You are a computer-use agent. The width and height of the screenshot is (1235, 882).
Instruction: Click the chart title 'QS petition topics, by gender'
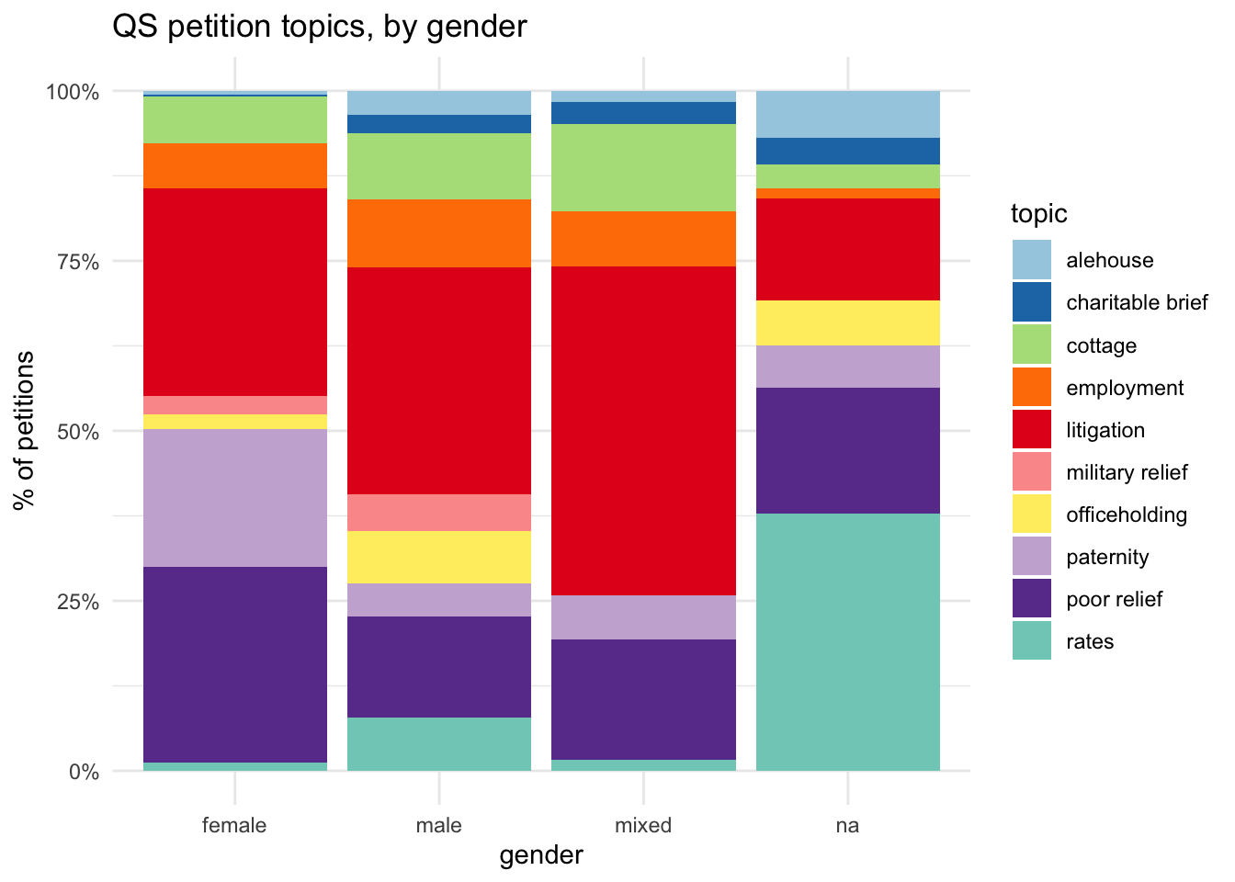pyautogui.click(x=319, y=26)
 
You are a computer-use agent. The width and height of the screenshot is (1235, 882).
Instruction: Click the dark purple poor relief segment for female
pyautogui.click(x=235, y=664)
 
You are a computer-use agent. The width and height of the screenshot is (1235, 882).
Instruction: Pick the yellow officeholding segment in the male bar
pyautogui.click(x=439, y=557)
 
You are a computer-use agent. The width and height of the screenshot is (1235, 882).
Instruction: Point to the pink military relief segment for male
pyautogui.click(x=439, y=513)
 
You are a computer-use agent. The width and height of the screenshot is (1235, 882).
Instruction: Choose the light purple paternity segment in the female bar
pyautogui.click(x=235, y=497)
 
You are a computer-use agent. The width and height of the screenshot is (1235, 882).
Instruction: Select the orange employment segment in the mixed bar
pyautogui.click(x=643, y=239)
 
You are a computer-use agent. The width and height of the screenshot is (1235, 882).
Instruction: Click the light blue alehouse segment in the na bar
pyautogui.click(x=847, y=114)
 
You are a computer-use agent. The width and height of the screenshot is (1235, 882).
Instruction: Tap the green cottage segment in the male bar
pyautogui.click(x=439, y=166)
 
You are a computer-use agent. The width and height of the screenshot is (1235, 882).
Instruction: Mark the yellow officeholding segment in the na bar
pyautogui.click(x=847, y=322)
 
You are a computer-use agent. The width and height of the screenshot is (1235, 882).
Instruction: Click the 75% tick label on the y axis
pyautogui.click(x=73, y=262)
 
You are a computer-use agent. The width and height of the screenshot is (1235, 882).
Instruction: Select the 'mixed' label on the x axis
pyautogui.click(x=643, y=825)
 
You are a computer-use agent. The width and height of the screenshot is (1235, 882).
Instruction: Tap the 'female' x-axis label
pyautogui.click(x=235, y=825)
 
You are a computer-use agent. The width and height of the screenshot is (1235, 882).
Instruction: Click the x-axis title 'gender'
pyautogui.click(x=541, y=855)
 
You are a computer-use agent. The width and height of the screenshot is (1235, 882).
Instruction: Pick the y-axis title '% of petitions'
pyautogui.click(x=25, y=430)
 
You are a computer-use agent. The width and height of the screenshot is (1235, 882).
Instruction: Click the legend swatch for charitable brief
pyautogui.click(x=1032, y=302)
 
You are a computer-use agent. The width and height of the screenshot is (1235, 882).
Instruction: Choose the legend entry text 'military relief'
pyautogui.click(x=1127, y=472)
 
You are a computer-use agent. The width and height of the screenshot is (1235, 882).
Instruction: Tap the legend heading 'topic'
pyautogui.click(x=1038, y=213)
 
